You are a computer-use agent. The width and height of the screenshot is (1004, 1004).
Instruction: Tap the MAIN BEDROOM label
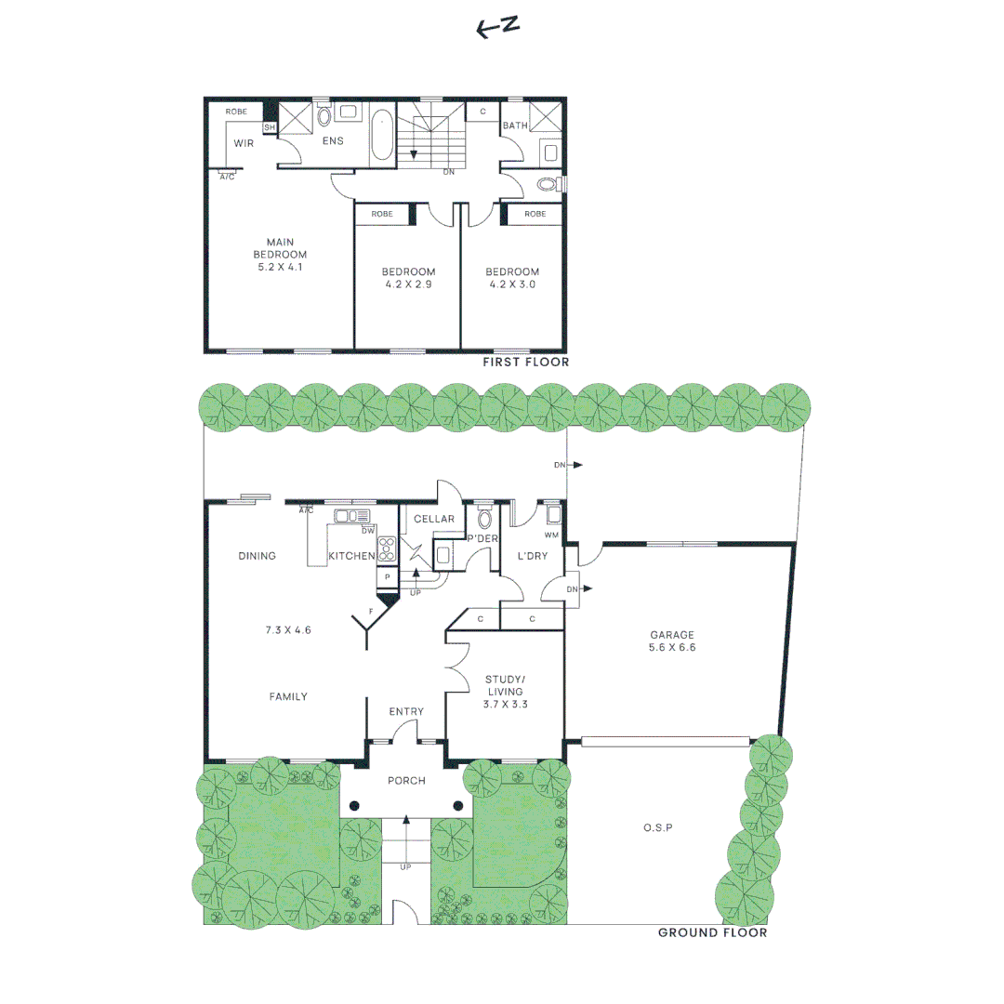tap(281, 254)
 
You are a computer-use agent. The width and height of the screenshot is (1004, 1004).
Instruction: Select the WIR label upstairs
tap(244, 143)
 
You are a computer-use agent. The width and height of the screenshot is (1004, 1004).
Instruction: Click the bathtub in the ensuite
tap(382, 136)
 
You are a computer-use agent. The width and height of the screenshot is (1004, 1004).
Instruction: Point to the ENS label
tap(333, 141)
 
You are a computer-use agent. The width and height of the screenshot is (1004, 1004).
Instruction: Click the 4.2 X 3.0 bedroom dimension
tap(512, 284)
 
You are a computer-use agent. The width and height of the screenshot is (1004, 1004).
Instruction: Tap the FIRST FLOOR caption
tap(525, 363)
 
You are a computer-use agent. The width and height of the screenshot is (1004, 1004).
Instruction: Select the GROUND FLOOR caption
tap(712, 932)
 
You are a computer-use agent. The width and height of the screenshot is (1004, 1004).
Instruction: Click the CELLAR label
tap(434, 519)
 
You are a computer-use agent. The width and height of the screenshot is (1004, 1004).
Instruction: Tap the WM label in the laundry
tap(551, 535)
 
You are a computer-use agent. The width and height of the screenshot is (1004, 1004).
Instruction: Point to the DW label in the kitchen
tap(368, 531)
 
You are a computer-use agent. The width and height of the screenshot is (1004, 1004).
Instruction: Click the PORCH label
tap(406, 781)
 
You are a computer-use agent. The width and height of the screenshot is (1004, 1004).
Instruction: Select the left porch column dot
tap(354, 806)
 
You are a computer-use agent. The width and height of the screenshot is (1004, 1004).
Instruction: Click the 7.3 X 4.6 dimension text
tap(288, 629)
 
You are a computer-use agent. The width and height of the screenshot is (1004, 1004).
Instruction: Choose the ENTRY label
tap(406, 711)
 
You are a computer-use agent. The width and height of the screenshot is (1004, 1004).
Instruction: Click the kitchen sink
tap(352, 516)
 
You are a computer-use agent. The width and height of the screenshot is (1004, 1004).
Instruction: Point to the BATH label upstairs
tap(515, 125)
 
